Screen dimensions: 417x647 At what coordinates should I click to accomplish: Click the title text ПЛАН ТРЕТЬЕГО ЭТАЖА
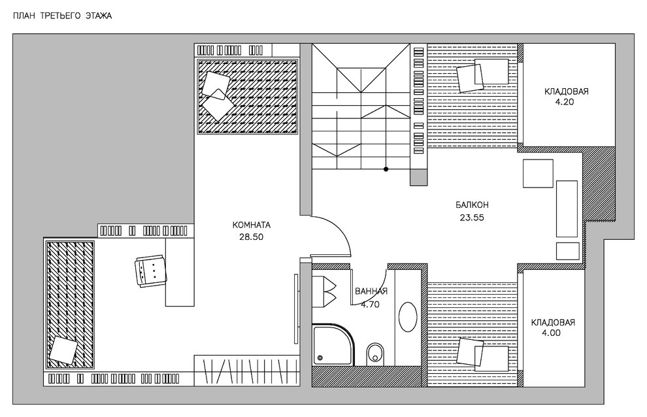(x=58, y=15)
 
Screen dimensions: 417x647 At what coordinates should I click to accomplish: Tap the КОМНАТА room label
(x=251, y=225)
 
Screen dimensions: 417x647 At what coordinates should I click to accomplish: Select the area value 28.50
(x=251, y=237)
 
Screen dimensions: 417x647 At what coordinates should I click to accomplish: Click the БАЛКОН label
(x=473, y=205)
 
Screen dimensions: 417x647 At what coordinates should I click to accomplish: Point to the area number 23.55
(x=472, y=218)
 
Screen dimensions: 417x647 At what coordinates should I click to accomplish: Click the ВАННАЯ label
(x=372, y=292)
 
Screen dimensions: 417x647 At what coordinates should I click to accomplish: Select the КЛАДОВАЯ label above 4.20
(x=567, y=92)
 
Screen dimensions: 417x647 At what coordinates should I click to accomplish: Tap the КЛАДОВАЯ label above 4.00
(x=553, y=322)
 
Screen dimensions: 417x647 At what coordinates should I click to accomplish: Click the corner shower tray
(x=332, y=345)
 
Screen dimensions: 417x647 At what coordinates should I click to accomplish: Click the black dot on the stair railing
(x=386, y=169)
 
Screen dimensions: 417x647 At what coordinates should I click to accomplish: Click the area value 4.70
(x=371, y=303)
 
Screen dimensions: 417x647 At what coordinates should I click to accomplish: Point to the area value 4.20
(x=566, y=103)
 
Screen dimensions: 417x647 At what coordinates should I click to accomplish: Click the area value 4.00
(x=553, y=333)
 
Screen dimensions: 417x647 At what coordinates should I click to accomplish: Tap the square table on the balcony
(x=539, y=175)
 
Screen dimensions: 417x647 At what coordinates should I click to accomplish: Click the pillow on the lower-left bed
(x=63, y=350)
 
